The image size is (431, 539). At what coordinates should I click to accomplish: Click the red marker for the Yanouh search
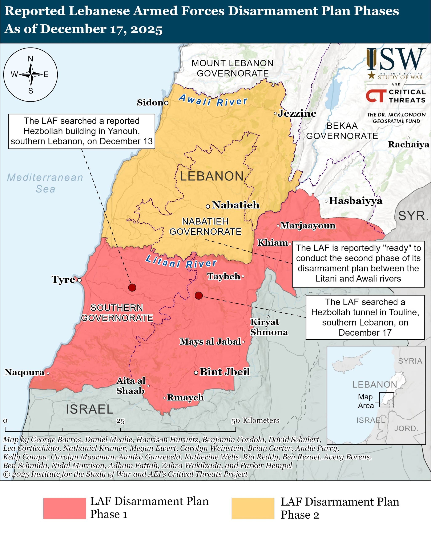[x=132, y=287]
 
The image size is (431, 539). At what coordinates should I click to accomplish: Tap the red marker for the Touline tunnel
[x=199, y=295]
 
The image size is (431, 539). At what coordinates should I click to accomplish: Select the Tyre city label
[x=63, y=279]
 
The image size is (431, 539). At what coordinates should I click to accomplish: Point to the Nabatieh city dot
[x=208, y=207]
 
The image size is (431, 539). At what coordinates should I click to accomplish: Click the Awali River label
[x=213, y=100]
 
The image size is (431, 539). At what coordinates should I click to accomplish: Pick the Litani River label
[x=181, y=262]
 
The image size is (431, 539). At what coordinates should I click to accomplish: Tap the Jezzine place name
[x=297, y=113]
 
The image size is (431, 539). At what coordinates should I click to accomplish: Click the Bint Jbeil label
[x=225, y=372]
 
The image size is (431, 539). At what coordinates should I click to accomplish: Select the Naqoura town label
[x=24, y=372]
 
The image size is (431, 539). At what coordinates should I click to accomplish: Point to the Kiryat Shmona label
[x=269, y=327]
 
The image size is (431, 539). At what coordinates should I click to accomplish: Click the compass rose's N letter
[x=31, y=59]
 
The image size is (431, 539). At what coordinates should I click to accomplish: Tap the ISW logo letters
[x=396, y=60]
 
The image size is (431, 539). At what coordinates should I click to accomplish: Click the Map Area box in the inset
[x=386, y=399]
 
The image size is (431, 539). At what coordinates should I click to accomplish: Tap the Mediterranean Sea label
[x=45, y=183]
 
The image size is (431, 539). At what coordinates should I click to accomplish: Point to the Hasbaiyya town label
[x=355, y=201]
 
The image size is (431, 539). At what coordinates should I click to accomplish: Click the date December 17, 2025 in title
[x=101, y=29]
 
